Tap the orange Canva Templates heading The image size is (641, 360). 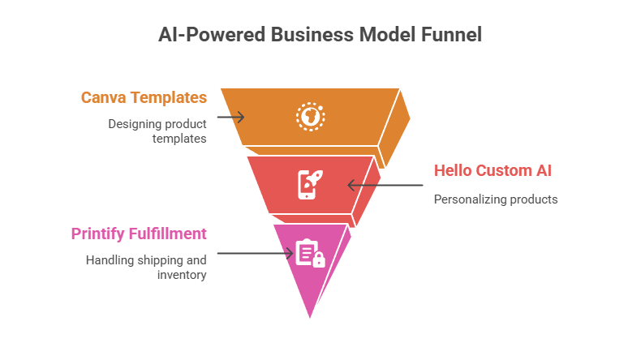click(144, 98)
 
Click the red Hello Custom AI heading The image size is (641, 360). click(493, 171)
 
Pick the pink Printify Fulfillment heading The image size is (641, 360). click(139, 234)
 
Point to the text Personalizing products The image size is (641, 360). click(495, 199)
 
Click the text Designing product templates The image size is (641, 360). click(157, 131)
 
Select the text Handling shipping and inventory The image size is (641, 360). click(146, 268)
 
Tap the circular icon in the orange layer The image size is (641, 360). click(310, 117)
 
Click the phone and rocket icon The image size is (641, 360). click(310, 184)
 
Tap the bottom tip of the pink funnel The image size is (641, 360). click(310, 318)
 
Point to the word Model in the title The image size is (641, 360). click(381, 35)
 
